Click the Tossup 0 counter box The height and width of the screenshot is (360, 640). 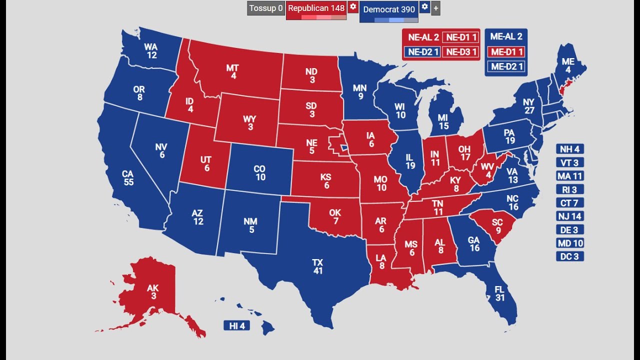(266, 8)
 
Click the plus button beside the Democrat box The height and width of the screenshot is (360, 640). (436, 8)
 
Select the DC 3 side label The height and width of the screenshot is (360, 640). (569, 256)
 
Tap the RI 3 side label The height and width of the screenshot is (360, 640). (569, 189)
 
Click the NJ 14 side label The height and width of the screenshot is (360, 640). (569, 216)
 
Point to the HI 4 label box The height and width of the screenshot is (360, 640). (236, 326)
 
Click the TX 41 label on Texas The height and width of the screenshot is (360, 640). (317, 266)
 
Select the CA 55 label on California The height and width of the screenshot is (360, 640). (128, 178)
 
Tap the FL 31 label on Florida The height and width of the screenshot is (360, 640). (499, 293)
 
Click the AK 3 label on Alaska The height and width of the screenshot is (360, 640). (151, 292)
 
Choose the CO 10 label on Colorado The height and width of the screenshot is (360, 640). (260, 173)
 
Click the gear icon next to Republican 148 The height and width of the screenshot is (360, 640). (353, 7)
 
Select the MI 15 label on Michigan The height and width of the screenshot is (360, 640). (443, 122)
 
